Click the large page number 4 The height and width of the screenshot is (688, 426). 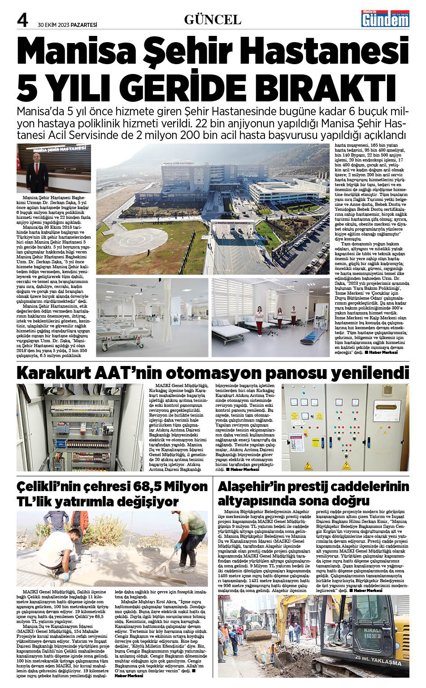(23, 20)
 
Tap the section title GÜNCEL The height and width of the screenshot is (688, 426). (213, 20)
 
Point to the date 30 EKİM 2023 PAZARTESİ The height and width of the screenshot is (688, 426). (68, 25)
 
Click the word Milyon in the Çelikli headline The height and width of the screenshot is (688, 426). (185, 487)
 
